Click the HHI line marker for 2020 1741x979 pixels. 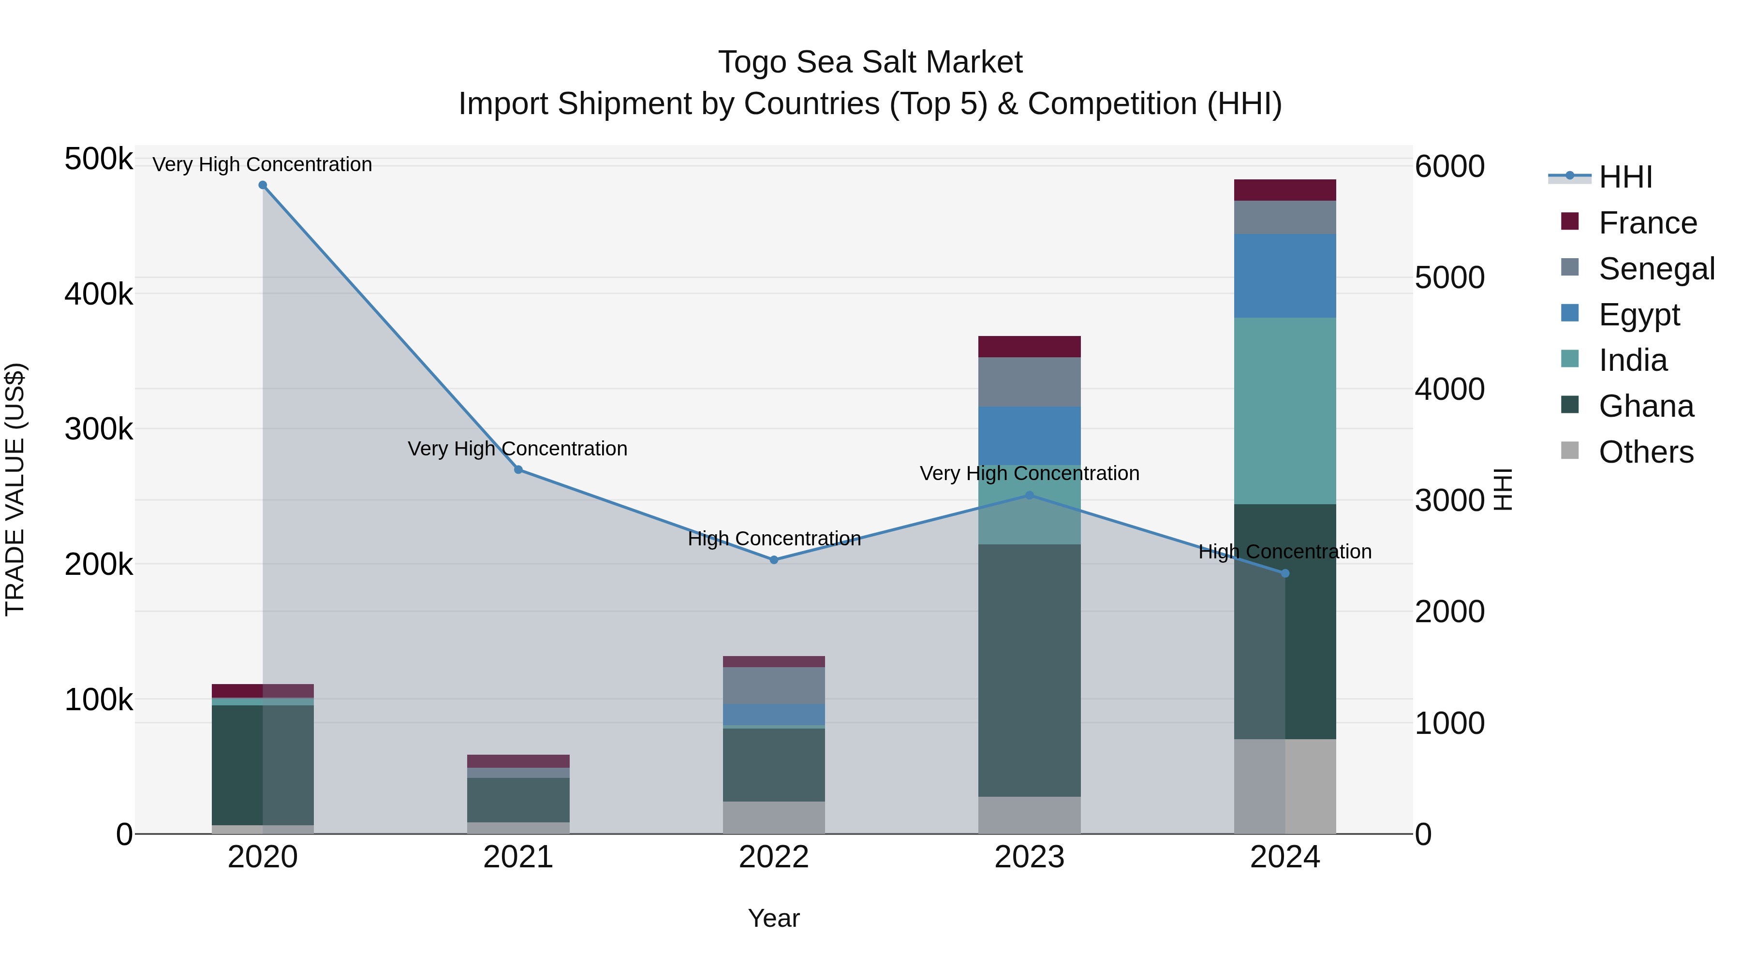(x=263, y=185)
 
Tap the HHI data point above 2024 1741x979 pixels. (x=1285, y=573)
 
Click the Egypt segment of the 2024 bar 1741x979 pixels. (x=1285, y=276)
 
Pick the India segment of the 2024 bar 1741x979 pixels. (x=1285, y=411)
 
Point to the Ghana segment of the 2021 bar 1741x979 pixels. (x=518, y=800)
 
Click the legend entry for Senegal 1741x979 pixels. (x=1656, y=269)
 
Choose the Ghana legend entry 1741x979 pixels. (x=1646, y=407)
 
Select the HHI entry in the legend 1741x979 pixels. (x=1625, y=177)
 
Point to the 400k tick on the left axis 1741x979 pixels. (x=99, y=294)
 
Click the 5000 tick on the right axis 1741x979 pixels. (x=1450, y=278)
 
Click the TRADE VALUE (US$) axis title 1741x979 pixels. (x=15, y=489)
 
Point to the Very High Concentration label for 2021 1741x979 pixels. (x=517, y=449)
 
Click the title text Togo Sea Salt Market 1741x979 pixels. (x=870, y=62)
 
